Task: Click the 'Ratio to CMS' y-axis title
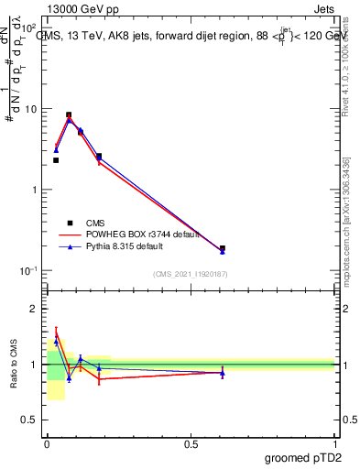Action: pos(14,364)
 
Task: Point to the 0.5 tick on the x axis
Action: pos(190,442)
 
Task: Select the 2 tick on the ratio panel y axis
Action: pos(33,309)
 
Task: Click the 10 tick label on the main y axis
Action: pos(31,109)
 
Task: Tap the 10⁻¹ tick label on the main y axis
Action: pos(29,271)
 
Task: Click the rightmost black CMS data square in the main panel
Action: pos(223,248)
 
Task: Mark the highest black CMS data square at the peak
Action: pos(69,115)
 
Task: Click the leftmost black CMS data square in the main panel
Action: pos(56,160)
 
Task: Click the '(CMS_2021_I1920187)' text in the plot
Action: pos(190,273)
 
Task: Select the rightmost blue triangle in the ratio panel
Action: pos(223,373)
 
